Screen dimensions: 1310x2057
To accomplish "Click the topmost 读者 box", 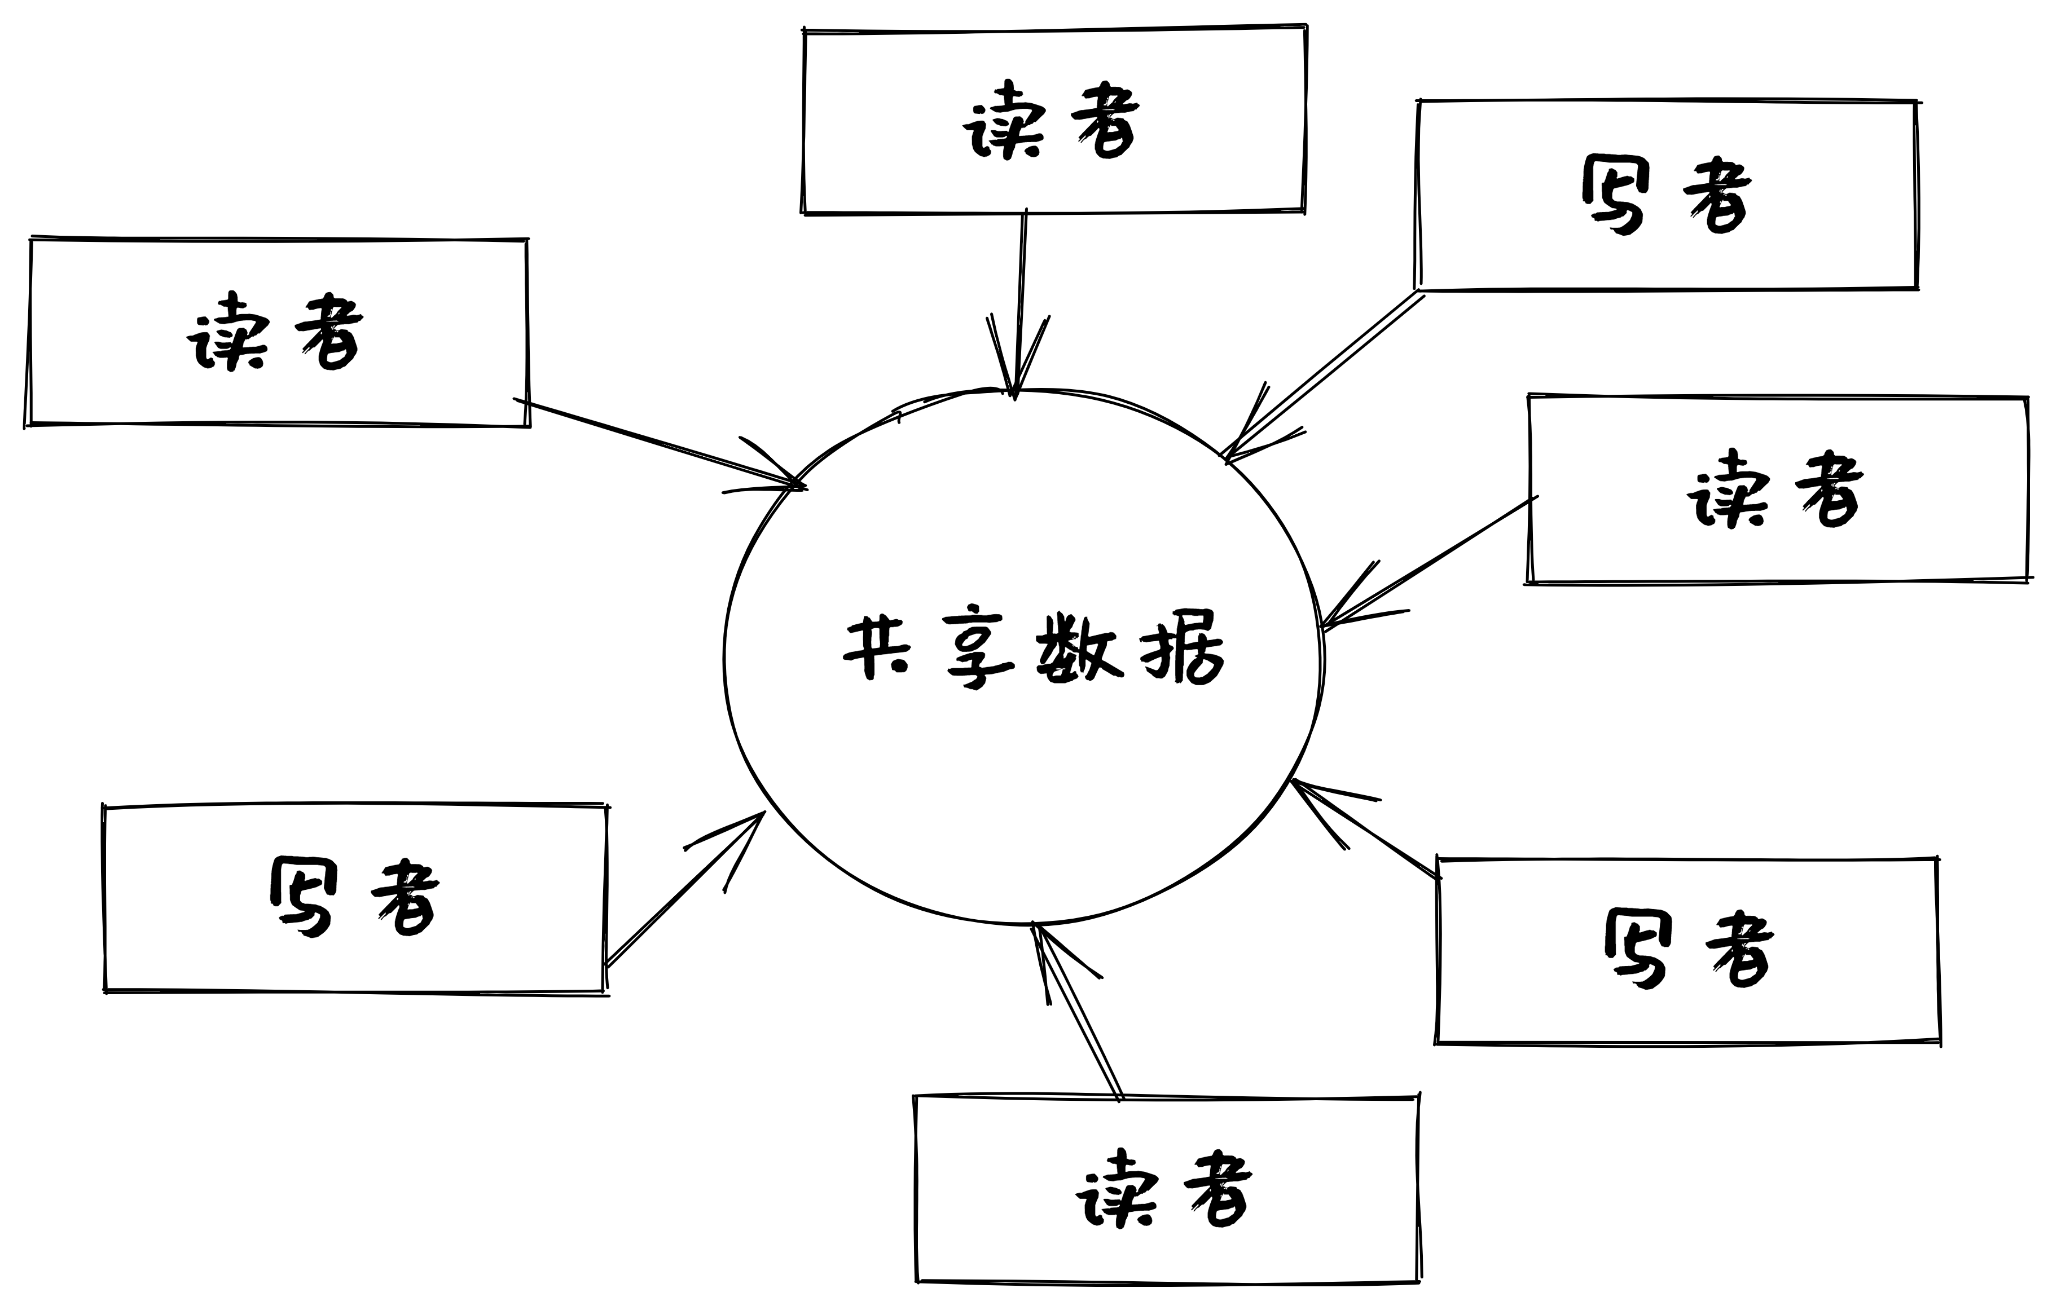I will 1053,121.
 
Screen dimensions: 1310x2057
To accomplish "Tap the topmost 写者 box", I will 1667,195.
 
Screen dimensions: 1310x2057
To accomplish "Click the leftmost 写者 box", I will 354,898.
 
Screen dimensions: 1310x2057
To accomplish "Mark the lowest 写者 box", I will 1687,950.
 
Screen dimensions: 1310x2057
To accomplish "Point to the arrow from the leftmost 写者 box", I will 683,890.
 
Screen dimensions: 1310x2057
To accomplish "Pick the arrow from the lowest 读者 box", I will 1076,1012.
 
